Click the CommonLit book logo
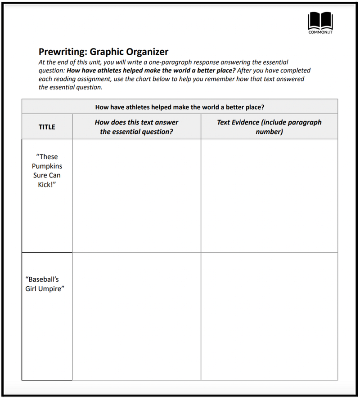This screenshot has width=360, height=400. point(320,21)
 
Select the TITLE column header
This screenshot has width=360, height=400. point(47,127)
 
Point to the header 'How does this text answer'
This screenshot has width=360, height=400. point(136,122)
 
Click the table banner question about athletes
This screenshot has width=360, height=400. point(180,107)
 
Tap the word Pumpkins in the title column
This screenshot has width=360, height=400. point(47,166)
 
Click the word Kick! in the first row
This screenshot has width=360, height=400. point(47,185)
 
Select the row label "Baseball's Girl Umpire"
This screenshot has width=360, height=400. point(45,284)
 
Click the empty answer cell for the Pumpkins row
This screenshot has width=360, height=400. point(136,196)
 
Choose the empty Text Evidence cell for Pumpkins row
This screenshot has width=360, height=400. point(269,196)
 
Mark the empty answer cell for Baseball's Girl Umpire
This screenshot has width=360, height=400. point(136,316)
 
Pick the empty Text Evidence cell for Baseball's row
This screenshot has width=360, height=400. point(269,316)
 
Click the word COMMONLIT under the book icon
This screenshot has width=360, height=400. point(320,32)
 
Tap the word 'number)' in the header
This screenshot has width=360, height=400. point(269,132)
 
